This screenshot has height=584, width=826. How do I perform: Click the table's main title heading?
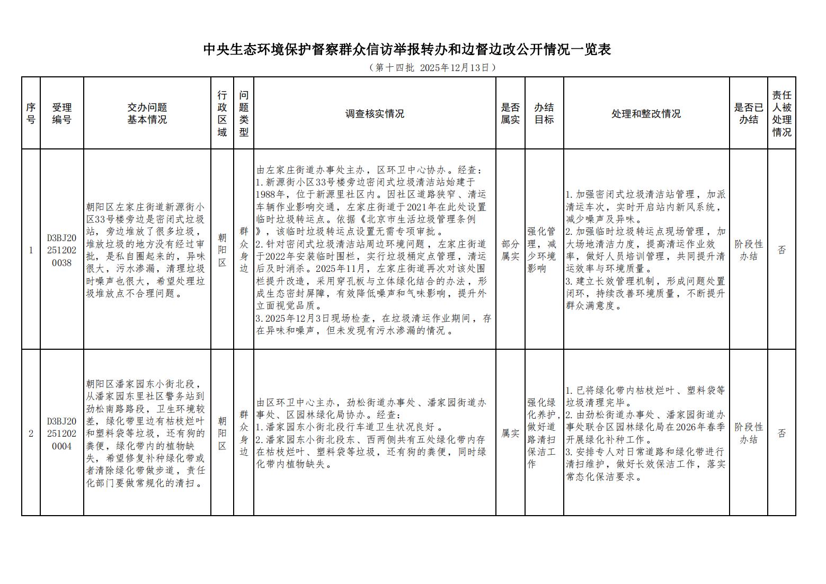tap(407, 50)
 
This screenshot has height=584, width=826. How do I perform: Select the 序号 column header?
tap(31, 113)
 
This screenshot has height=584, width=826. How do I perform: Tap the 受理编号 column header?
tap(61, 113)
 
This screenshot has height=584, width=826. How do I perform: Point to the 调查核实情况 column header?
tap(375, 114)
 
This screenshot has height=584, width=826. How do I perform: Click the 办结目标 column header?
tap(544, 113)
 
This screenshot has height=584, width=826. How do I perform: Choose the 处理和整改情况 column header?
tap(646, 114)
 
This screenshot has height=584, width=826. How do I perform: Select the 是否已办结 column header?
tap(748, 113)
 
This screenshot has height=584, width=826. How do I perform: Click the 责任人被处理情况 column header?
tap(781, 113)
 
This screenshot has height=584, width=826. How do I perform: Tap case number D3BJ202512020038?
tap(61, 250)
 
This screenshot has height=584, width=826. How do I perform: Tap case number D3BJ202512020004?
tap(61, 433)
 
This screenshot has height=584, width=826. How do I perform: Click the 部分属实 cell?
tap(510, 250)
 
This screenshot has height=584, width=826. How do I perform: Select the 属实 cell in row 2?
tap(510, 433)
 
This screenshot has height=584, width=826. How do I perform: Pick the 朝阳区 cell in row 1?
tap(222, 250)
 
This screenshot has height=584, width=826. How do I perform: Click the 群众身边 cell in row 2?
tap(243, 433)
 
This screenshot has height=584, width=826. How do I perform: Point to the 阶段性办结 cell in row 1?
tap(748, 250)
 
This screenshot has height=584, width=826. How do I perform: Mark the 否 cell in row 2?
tap(781, 433)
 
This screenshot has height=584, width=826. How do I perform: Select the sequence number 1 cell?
tap(31, 250)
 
